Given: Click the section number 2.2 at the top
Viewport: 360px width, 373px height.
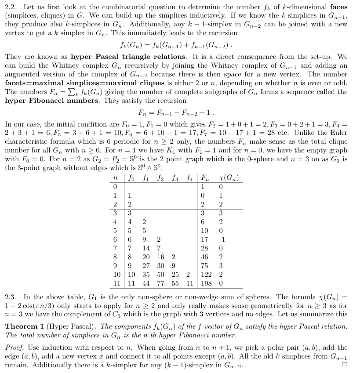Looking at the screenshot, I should click(x=11, y=7).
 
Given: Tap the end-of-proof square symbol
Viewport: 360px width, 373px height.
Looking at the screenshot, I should click(x=344, y=365).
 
